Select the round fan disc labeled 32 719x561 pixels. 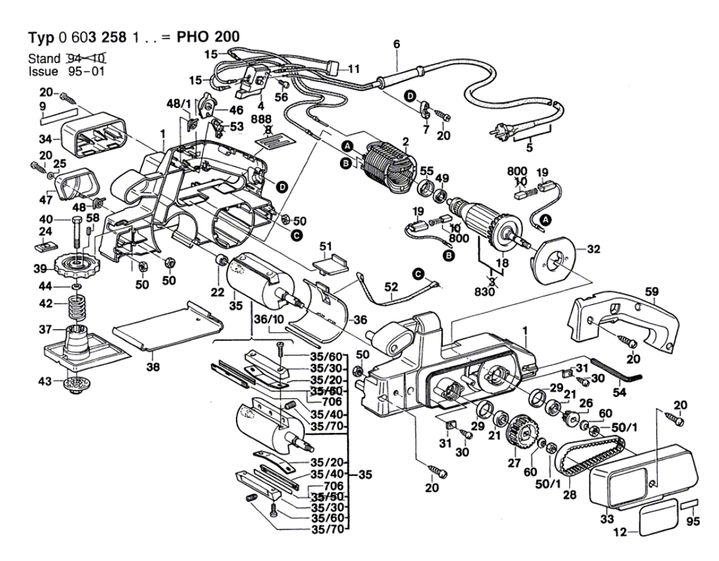pos(554,258)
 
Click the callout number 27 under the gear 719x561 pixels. pos(513,463)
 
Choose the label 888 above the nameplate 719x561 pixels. pos(267,119)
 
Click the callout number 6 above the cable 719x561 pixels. pos(395,44)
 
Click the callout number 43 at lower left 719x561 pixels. pos(45,380)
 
